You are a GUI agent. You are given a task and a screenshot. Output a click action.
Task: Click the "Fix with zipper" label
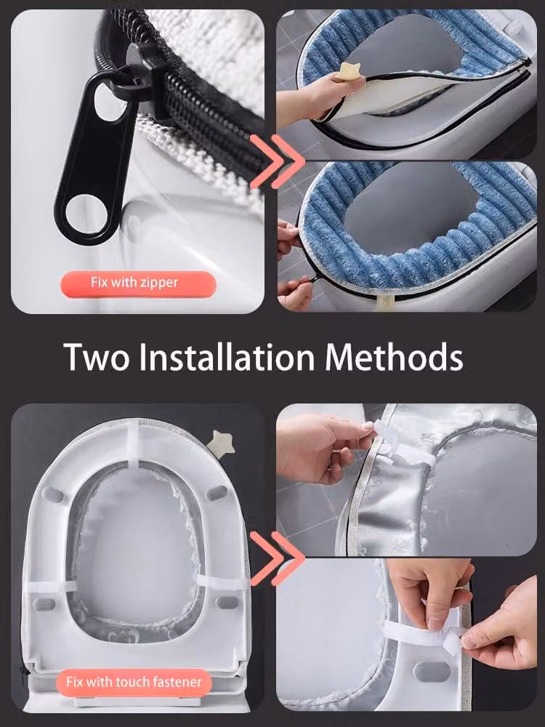[134, 282]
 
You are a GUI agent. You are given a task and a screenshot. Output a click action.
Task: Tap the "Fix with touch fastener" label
[134, 682]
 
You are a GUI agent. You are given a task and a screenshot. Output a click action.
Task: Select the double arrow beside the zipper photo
[277, 161]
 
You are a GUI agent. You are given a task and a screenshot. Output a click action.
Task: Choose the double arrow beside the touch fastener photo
[277, 558]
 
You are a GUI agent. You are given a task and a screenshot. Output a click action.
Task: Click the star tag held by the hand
[350, 73]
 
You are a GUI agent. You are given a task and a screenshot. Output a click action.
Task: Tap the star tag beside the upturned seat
[222, 443]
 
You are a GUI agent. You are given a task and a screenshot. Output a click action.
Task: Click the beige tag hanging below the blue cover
[384, 302]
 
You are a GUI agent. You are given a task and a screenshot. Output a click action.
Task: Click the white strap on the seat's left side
[51, 587]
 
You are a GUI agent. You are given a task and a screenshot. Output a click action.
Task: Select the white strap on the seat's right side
[219, 581]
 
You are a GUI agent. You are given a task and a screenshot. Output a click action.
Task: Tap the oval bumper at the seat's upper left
[53, 494]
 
